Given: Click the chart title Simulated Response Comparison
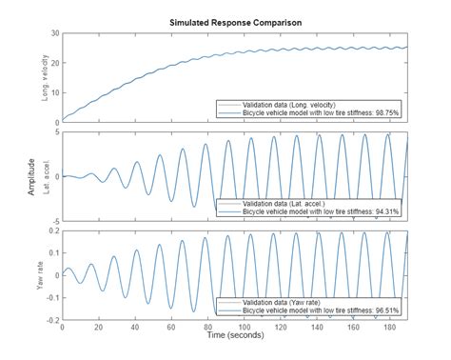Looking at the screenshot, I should (x=232, y=20).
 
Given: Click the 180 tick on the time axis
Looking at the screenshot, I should (x=388, y=328).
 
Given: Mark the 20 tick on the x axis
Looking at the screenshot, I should (x=98, y=328).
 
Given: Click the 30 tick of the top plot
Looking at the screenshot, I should (x=53, y=33).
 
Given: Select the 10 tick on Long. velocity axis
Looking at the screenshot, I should (x=53, y=92).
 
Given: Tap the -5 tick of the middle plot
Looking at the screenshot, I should (x=55, y=221).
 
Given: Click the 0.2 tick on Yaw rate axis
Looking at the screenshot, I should (x=51, y=230).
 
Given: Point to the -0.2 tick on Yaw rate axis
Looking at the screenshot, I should (x=49, y=320).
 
